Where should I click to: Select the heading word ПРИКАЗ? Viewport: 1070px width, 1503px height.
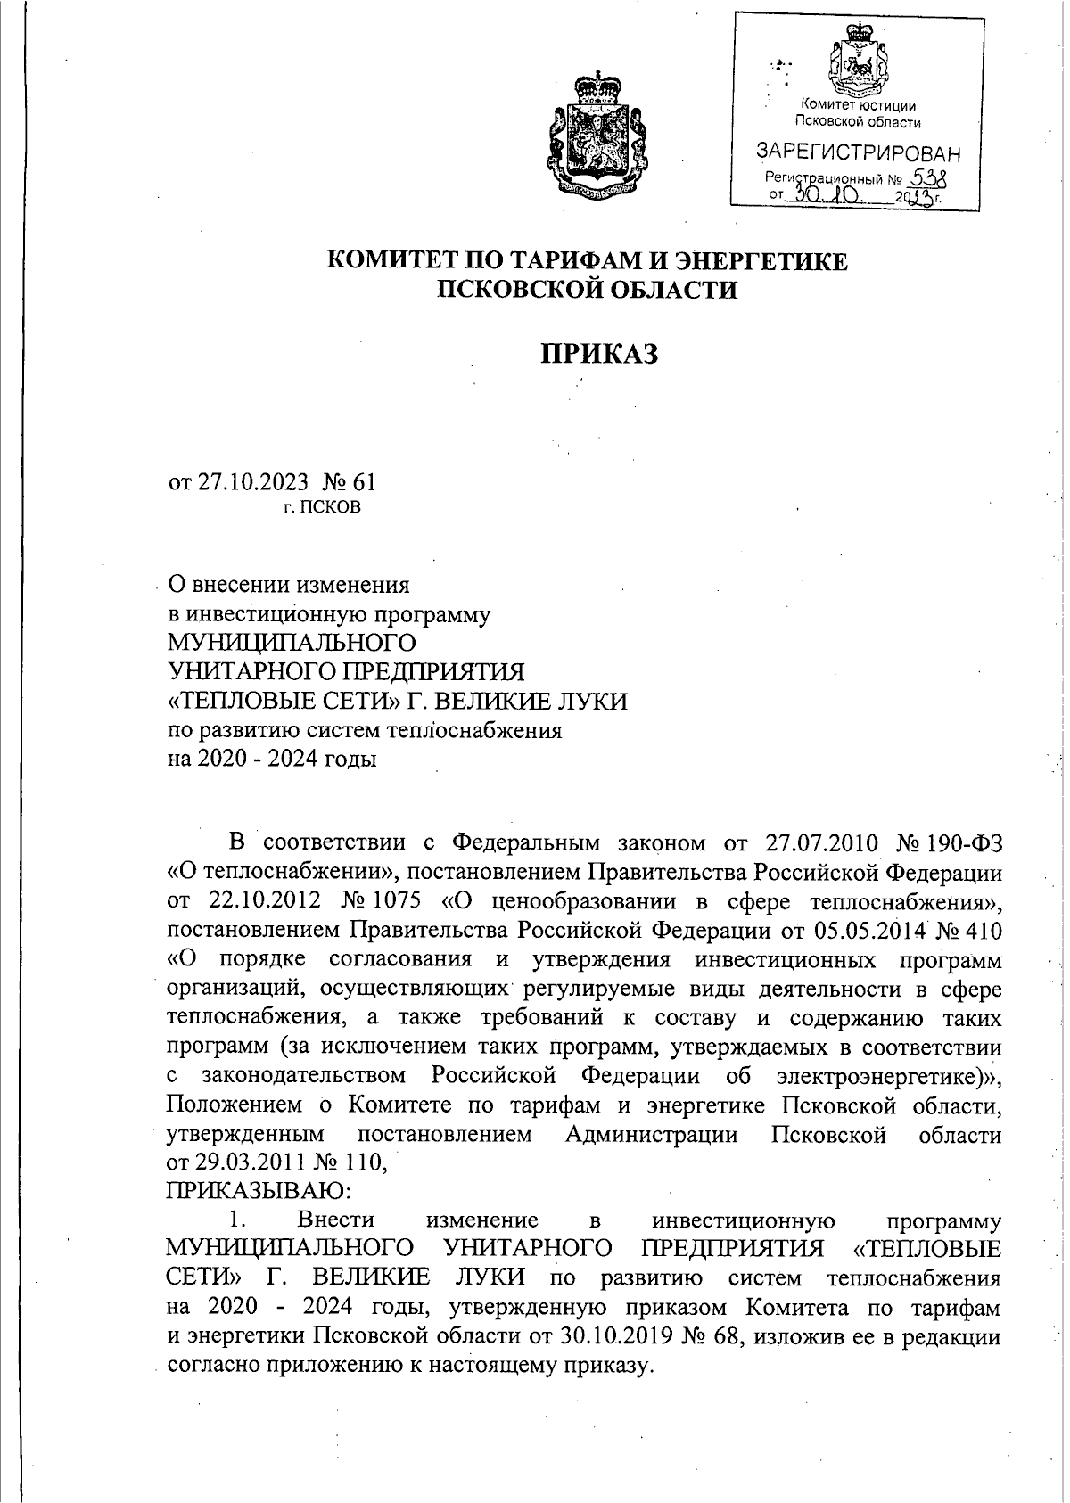(599, 354)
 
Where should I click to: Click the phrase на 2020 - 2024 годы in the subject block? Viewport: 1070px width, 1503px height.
(272, 759)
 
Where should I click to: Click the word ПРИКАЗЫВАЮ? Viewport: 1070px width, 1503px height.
(259, 1190)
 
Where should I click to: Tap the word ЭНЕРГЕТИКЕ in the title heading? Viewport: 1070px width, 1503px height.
(757, 261)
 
